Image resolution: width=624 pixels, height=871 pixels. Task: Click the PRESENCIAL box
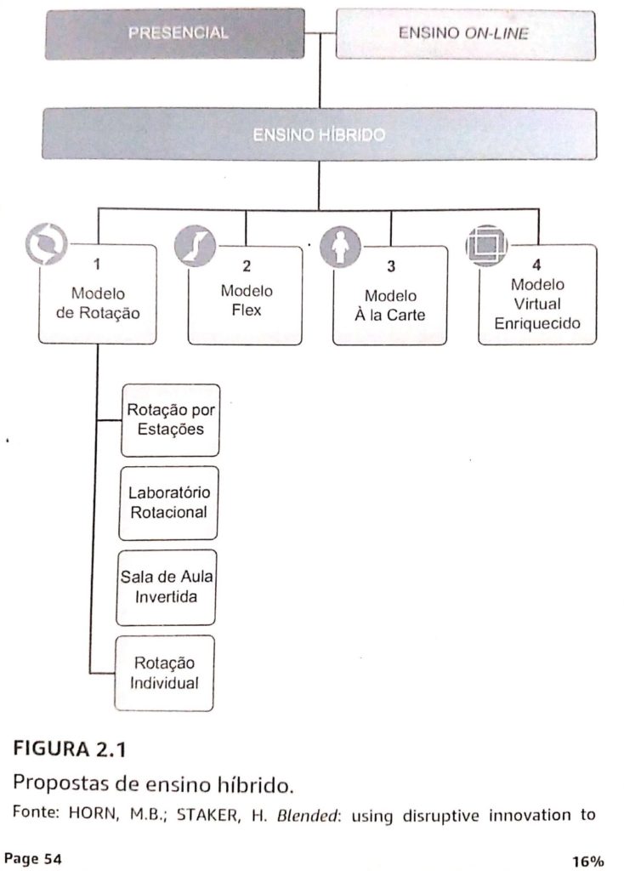[x=178, y=33]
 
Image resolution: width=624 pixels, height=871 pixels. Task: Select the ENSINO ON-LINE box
[x=464, y=34]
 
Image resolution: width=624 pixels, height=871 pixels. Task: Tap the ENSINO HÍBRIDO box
[x=319, y=134]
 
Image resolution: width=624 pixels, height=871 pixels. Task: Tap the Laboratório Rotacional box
[x=168, y=503]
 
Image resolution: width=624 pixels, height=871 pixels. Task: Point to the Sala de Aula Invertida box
[x=167, y=588]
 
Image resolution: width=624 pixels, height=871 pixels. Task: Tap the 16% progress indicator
[x=587, y=861]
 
